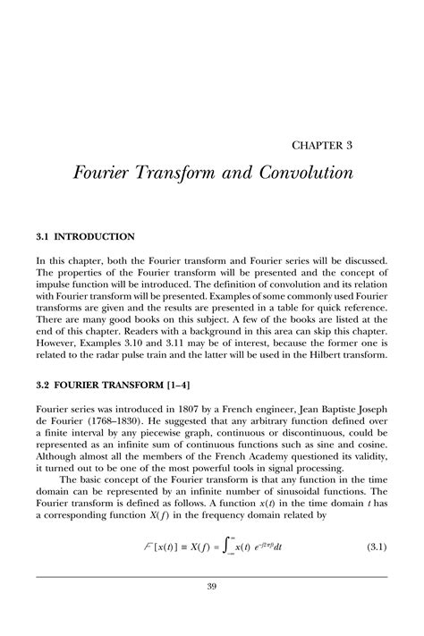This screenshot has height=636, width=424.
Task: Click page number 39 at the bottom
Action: (x=212, y=586)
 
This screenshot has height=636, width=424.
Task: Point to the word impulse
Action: (x=59, y=280)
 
